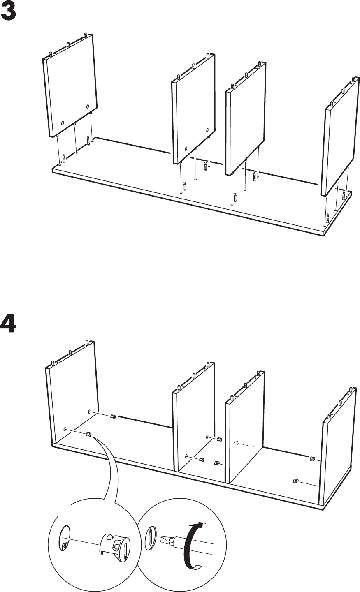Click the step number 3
point(8,12)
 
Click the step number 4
point(8,324)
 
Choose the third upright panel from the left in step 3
point(246,119)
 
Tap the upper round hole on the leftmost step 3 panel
point(88,107)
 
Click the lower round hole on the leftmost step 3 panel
point(63,123)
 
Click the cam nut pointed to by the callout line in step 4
point(88,434)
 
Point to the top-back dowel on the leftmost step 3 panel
point(85,35)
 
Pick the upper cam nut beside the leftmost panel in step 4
point(113,416)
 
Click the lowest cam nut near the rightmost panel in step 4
point(296,480)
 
